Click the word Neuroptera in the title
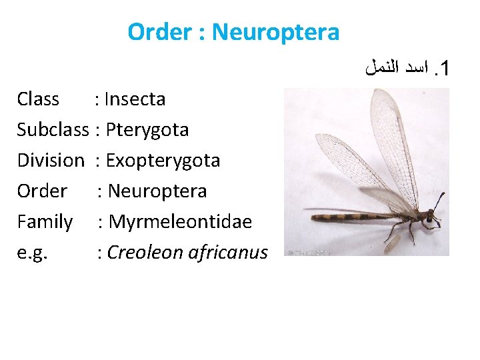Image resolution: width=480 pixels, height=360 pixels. (x=276, y=31)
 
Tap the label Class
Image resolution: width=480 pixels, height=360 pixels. (x=38, y=99)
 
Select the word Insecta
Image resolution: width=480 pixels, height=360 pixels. (x=135, y=99)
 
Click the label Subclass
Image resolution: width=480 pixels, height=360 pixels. (x=53, y=129)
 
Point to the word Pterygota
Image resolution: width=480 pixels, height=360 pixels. (x=147, y=129)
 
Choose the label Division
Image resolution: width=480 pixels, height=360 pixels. (x=51, y=160)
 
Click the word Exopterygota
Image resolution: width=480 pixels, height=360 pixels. (x=163, y=160)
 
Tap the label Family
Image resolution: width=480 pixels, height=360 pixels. (x=45, y=221)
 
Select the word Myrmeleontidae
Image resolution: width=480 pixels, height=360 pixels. (x=180, y=221)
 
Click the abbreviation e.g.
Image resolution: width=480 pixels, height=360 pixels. (x=31, y=253)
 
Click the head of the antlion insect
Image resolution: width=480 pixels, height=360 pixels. (x=430, y=216)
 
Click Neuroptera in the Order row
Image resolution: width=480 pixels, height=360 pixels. (x=157, y=191)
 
